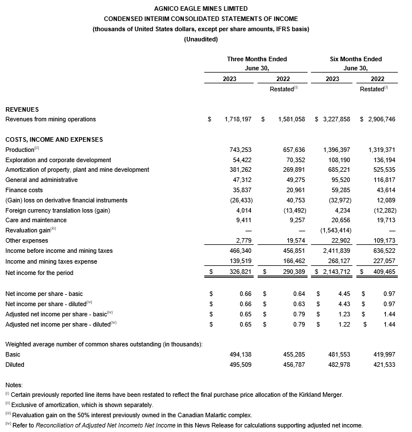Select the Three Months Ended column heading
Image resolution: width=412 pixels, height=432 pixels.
pyautogui.click(x=257, y=59)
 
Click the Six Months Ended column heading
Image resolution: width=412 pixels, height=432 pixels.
pyautogui.click(x=355, y=59)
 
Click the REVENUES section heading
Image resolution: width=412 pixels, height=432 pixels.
pyautogui.click(x=22, y=109)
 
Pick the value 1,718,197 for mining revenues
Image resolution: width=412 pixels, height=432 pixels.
pyautogui.click(x=238, y=120)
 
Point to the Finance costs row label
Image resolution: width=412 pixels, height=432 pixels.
pyautogui.click(x=23, y=190)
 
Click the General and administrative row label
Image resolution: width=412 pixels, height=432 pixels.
pyautogui.click(x=41, y=180)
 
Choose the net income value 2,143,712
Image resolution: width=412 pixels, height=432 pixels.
pyautogui.click(x=337, y=273)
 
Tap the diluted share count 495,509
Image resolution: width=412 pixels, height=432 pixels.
pyautogui.click(x=240, y=365)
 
